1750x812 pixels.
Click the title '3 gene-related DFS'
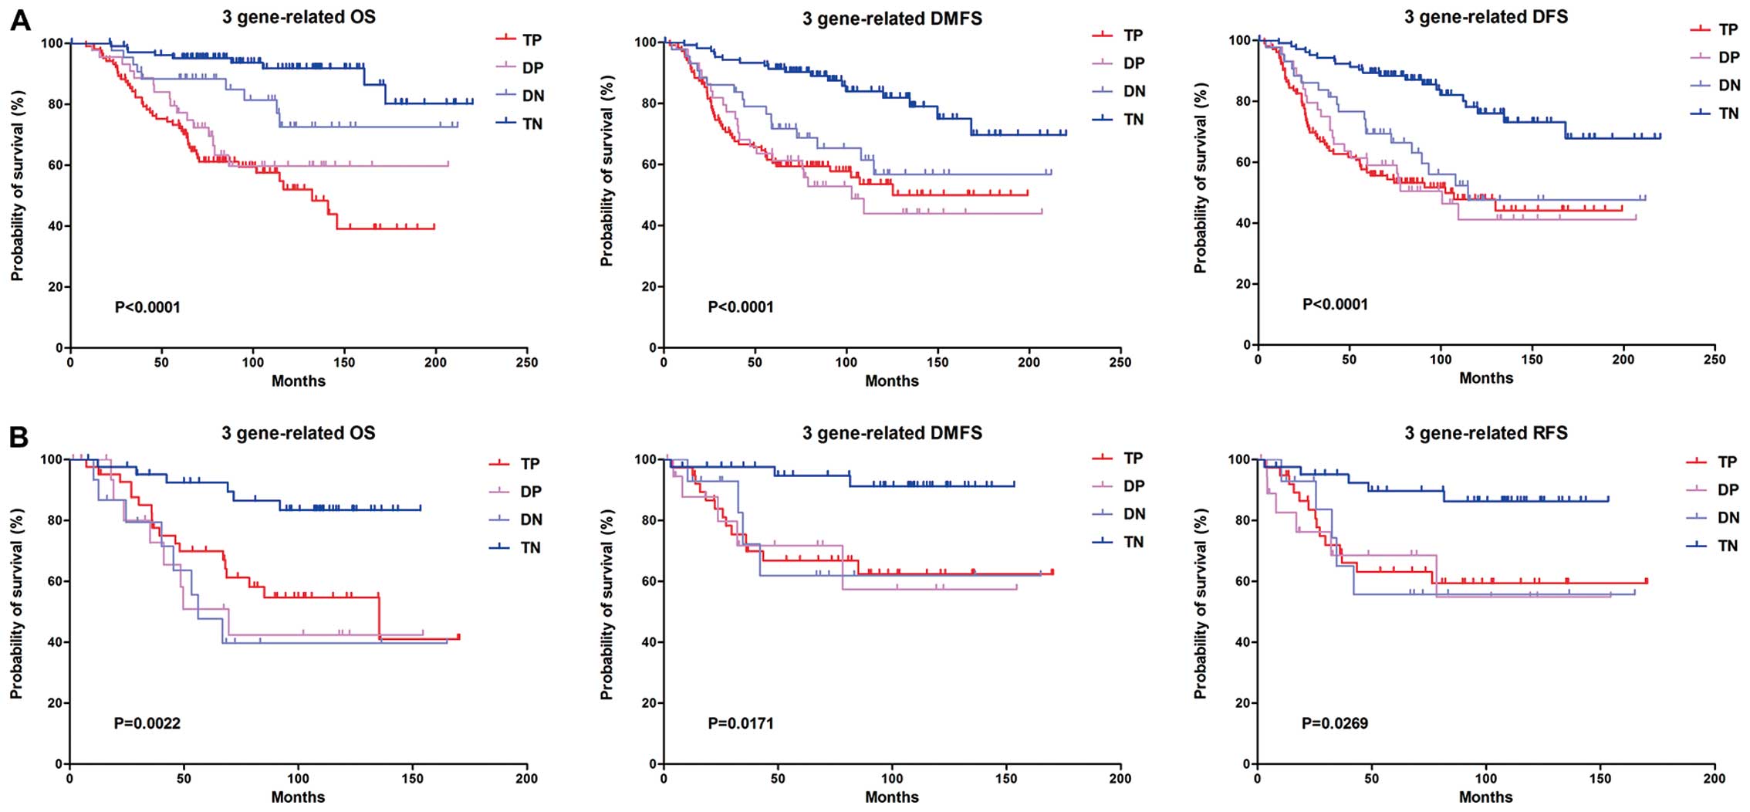tap(1485, 17)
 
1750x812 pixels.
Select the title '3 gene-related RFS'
tap(1485, 433)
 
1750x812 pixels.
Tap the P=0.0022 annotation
tap(147, 723)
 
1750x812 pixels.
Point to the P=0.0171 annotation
tap(740, 723)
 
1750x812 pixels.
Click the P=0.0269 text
tap(1335, 723)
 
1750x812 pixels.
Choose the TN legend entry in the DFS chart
tap(1728, 113)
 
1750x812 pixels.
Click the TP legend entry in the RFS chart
tap(1727, 462)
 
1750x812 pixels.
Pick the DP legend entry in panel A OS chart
tap(532, 68)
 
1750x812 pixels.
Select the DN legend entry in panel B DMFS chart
tap(1133, 514)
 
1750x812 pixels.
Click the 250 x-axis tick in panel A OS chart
tap(527, 363)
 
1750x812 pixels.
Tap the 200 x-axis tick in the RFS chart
tap(1714, 779)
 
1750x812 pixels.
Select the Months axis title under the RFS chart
tap(1485, 797)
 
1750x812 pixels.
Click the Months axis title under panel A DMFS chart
tap(891, 381)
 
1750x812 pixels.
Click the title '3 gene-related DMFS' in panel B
tap(891, 433)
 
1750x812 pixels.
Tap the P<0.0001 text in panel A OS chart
tap(147, 307)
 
